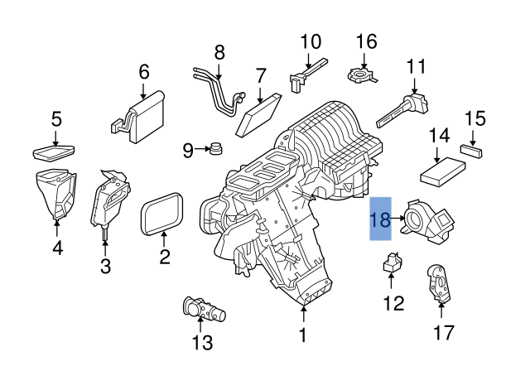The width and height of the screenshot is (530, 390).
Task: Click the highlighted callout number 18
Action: [380, 219]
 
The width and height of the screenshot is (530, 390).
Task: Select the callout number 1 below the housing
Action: [303, 335]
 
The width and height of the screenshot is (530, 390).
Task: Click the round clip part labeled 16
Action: [365, 74]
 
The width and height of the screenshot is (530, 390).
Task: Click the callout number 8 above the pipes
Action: [219, 53]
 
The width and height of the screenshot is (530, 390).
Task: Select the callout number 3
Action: [105, 266]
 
